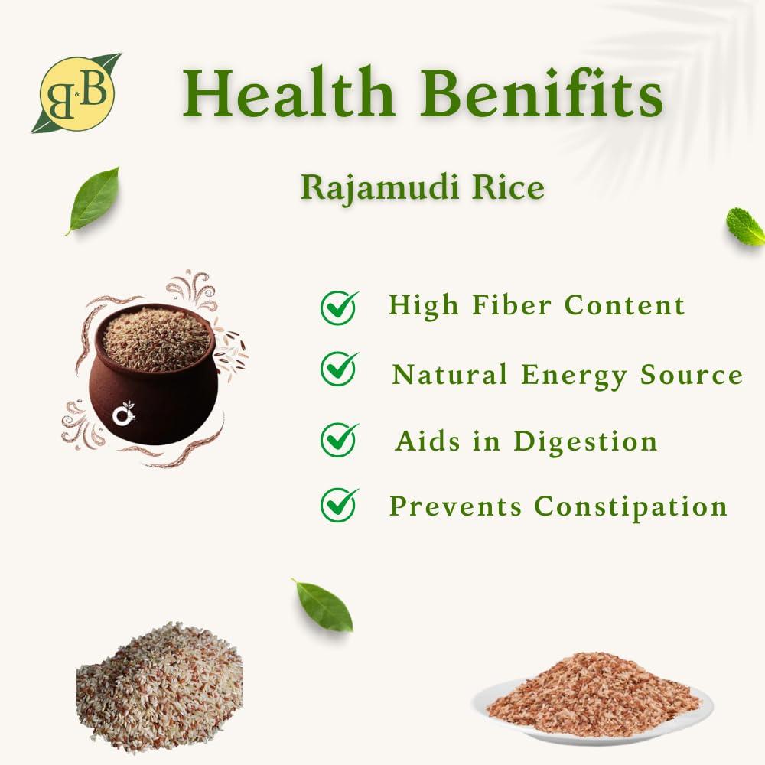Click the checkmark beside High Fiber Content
coord(339,306)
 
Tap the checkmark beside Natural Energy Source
coord(339,369)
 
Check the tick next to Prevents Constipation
coord(339,504)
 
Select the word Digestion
coord(585,441)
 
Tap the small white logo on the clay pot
coord(123,415)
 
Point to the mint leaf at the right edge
coord(744,227)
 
